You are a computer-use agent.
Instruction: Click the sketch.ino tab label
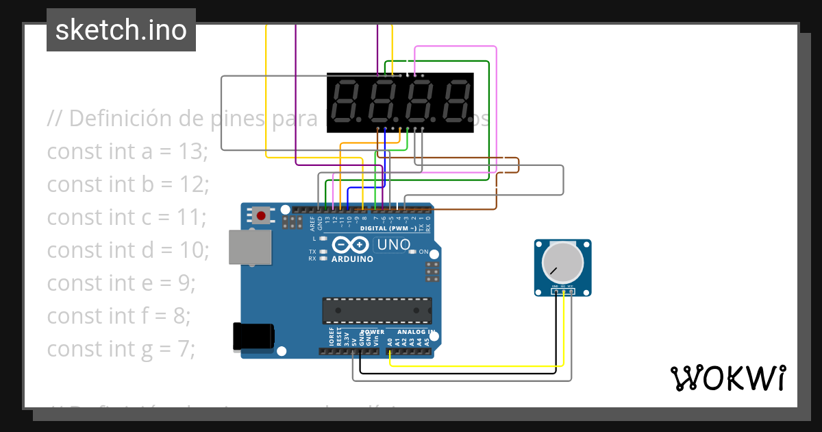click(121, 30)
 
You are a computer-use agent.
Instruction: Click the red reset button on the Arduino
click(260, 215)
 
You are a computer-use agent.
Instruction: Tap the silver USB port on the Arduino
click(250, 247)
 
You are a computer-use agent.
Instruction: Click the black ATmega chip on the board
click(377, 310)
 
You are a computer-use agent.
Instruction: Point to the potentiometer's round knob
click(562, 262)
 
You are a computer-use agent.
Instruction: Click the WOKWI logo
click(727, 378)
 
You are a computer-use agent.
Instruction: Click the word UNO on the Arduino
click(393, 245)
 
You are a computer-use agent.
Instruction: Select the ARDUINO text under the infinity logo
click(352, 259)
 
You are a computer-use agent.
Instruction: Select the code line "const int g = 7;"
click(121, 348)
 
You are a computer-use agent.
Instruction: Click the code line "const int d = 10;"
click(128, 250)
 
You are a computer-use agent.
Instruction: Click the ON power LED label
click(423, 252)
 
